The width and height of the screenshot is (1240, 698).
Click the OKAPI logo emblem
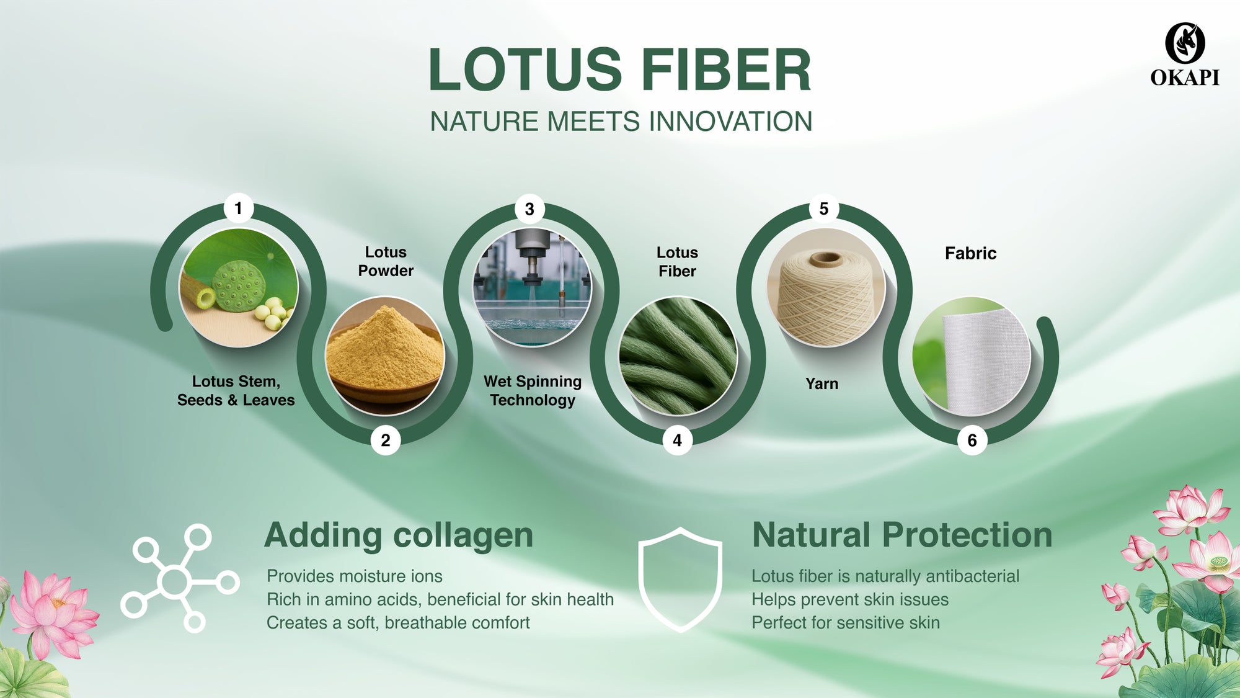[x=1185, y=43]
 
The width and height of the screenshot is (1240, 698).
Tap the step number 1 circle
[x=238, y=208]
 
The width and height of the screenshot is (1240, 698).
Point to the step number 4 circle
[x=677, y=440]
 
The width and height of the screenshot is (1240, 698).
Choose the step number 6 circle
[x=972, y=440]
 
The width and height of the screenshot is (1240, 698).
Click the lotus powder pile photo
[x=385, y=356]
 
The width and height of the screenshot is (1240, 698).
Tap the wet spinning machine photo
[x=532, y=287]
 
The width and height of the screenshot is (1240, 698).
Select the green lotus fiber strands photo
[x=678, y=356]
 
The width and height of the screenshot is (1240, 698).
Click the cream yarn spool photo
[x=826, y=287]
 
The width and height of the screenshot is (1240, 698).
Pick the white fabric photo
[x=972, y=356]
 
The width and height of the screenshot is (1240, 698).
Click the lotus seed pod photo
[x=239, y=287]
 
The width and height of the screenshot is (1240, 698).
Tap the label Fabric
[x=970, y=253]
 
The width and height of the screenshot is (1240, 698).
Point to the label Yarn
[x=821, y=383]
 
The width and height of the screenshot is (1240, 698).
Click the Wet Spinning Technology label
[x=533, y=391]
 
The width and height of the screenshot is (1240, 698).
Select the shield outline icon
[x=680, y=579]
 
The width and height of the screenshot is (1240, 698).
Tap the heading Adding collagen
[x=399, y=535]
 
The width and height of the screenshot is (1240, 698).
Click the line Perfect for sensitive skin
[x=846, y=622]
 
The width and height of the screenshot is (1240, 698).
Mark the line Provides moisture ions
[x=355, y=576]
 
